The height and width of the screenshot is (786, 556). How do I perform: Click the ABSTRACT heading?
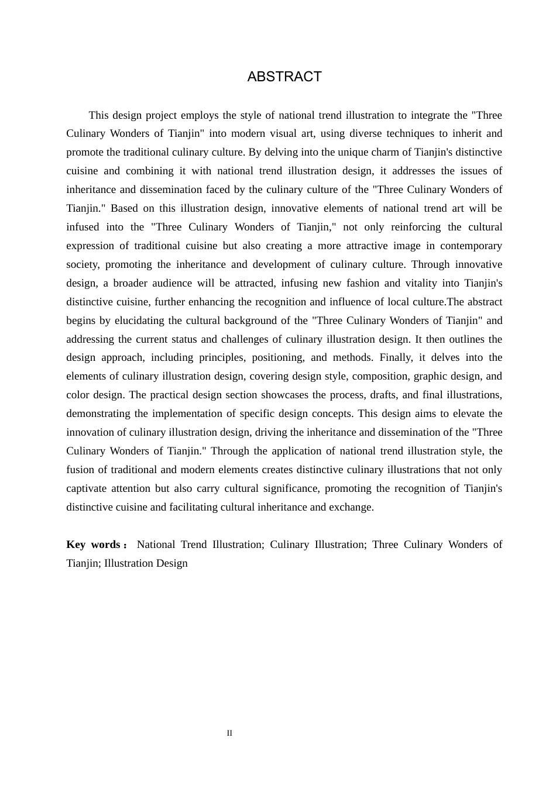pos(284,77)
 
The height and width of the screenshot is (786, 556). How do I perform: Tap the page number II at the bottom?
pos(229,733)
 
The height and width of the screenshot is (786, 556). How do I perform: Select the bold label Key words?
pos(94,544)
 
